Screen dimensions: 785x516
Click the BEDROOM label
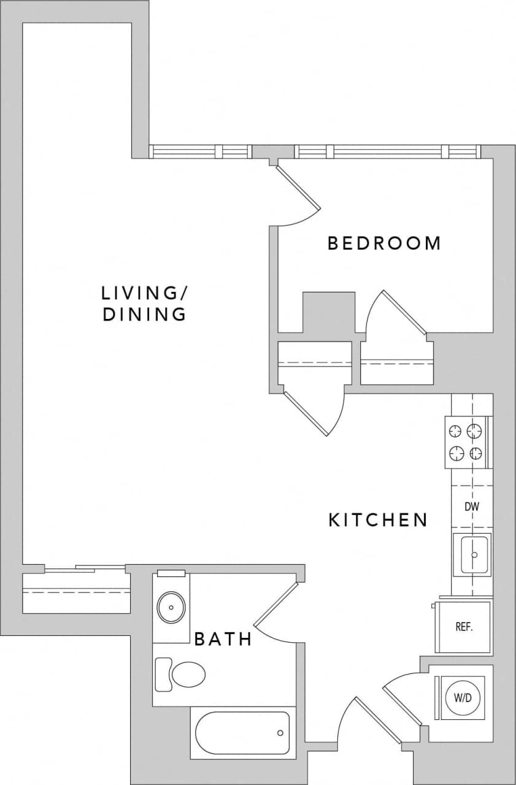tap(384, 243)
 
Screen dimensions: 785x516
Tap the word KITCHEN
tap(377, 521)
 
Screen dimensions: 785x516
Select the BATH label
tap(223, 640)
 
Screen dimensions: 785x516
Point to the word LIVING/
tap(144, 293)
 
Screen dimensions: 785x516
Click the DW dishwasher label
tap(471, 507)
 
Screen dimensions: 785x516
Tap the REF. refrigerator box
tap(463, 627)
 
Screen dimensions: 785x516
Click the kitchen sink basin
tap(472, 554)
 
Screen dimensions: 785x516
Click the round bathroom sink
tap(171, 608)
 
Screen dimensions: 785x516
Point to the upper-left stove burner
tap(456, 431)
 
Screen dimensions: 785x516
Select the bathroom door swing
tap(275, 605)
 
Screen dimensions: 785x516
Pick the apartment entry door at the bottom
tap(378, 722)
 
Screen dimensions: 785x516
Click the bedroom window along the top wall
tap(387, 151)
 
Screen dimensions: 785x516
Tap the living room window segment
tap(201, 151)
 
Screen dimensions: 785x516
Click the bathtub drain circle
tap(280, 733)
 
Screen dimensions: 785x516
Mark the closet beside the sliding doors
tap(77, 592)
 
